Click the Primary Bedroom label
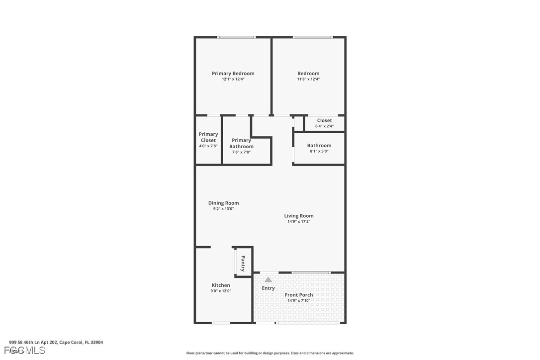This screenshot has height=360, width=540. [x=233, y=74]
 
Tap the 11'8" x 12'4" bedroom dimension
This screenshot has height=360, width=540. [x=308, y=79]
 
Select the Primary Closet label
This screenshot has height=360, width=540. [x=208, y=137]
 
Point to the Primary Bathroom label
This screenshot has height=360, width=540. [x=241, y=143]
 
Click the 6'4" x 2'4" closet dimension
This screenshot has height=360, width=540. [x=324, y=126]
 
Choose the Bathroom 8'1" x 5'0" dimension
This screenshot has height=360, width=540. [x=319, y=151]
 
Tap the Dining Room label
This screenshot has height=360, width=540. [x=223, y=203]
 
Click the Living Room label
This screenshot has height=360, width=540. [x=299, y=216]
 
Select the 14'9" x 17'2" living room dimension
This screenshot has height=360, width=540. [x=299, y=222]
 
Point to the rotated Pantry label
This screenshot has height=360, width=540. [x=243, y=263]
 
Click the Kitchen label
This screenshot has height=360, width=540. [x=221, y=285]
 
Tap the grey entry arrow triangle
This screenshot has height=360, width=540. [x=268, y=279]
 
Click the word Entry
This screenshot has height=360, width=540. [x=268, y=288]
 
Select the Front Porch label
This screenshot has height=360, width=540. [x=299, y=295]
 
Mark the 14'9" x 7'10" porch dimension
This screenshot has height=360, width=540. [x=299, y=301]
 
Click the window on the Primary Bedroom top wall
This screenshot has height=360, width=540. [x=237, y=37]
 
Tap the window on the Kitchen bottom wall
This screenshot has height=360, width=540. [x=221, y=323]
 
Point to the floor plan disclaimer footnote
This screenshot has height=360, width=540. [x=270, y=353]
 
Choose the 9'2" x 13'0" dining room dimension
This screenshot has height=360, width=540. [x=223, y=209]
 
